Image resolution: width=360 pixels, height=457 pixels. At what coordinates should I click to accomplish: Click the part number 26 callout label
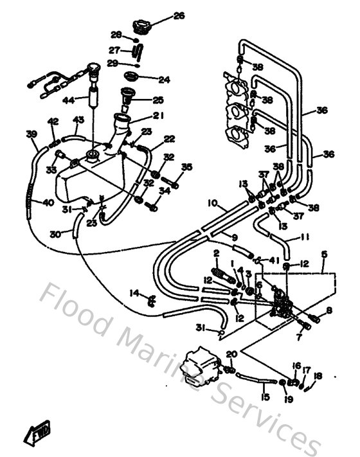[179, 15]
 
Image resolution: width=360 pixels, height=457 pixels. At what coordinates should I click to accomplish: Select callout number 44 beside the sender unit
[67, 100]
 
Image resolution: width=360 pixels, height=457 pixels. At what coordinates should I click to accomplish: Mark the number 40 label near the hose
[48, 203]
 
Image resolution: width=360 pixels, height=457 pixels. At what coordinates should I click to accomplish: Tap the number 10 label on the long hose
[212, 204]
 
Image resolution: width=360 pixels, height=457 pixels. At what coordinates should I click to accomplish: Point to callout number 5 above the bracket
[324, 255]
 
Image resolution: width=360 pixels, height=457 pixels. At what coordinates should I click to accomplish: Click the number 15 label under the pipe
[264, 398]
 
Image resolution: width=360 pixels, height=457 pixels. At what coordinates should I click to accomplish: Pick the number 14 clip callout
[134, 293]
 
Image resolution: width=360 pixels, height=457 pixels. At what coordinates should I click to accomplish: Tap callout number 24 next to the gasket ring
[164, 80]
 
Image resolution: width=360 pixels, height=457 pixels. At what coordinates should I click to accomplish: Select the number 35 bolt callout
[187, 167]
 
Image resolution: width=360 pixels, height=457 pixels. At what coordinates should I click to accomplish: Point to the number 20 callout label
[231, 354]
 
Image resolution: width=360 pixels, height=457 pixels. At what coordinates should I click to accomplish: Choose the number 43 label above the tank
[78, 120]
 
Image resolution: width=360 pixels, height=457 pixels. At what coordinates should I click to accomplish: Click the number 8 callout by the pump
[329, 311]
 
